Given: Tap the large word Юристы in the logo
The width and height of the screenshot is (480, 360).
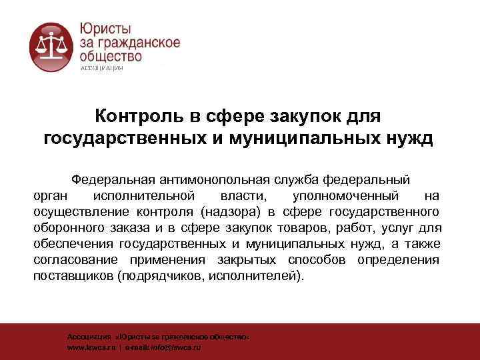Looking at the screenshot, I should coord(106,28).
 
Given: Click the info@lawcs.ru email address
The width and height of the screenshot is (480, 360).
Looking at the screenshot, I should coord(177,348).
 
